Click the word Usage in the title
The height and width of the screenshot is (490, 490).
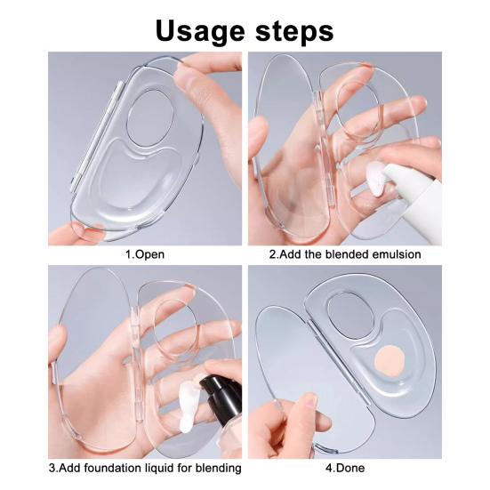coord(200,31)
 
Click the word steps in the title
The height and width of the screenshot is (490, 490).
coord(294,30)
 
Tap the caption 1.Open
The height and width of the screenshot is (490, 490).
coord(145,254)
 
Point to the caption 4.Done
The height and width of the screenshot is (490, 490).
coord(345,468)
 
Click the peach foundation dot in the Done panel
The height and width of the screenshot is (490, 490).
coord(390,361)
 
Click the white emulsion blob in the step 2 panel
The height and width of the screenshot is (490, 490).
coord(376,178)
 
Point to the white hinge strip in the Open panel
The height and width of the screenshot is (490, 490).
coord(96,136)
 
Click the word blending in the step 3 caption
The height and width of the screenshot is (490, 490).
coord(219,468)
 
